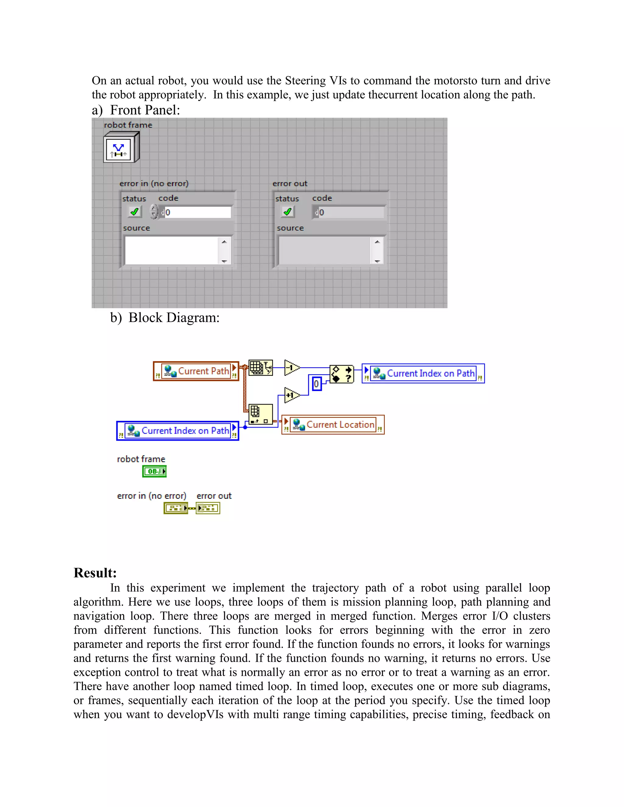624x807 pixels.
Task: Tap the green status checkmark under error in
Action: [135, 212]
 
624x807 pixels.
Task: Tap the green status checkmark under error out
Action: [288, 212]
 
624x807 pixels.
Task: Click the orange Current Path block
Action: [196, 371]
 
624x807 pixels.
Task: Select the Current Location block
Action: [333, 425]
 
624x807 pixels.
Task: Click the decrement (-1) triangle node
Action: [292, 368]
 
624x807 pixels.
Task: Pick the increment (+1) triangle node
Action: [292, 395]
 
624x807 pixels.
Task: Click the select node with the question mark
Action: [342, 374]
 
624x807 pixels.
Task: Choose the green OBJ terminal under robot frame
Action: [154, 471]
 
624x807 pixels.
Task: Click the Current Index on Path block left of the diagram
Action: [178, 431]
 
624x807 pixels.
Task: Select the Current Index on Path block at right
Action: [423, 374]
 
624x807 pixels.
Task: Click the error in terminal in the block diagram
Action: [175, 508]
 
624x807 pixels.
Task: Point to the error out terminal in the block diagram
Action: [208, 508]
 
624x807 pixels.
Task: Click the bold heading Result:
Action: [95, 573]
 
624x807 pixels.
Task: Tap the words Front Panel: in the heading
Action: [145, 110]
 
